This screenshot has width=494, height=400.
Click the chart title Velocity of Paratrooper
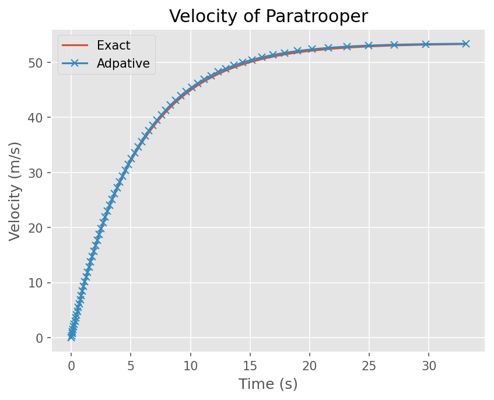click(268, 16)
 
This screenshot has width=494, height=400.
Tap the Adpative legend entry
click(122, 64)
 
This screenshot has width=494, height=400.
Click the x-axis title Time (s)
click(268, 384)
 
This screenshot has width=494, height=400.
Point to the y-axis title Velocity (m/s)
click(15, 191)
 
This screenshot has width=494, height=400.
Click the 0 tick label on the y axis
click(40, 338)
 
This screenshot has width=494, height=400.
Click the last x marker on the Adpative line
click(465, 44)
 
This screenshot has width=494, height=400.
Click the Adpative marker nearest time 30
click(426, 44)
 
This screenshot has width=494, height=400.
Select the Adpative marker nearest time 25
click(369, 45)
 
